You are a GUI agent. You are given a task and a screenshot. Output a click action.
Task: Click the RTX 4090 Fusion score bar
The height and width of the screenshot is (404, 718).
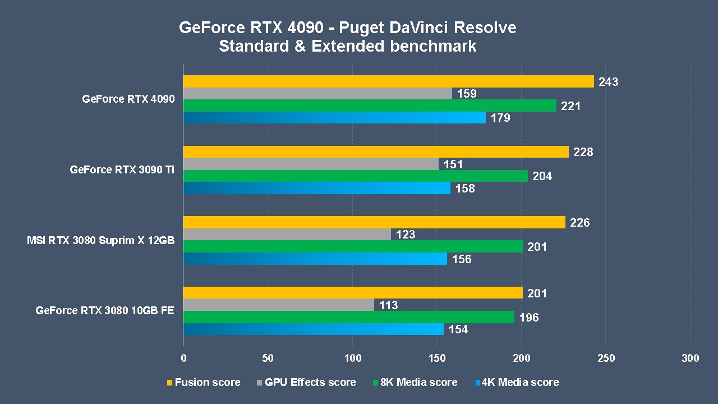[x=388, y=81]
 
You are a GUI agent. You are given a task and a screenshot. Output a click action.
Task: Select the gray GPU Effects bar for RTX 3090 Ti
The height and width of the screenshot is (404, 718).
[x=311, y=164]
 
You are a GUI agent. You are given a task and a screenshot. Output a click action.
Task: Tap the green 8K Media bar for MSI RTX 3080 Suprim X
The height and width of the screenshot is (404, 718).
[x=353, y=246]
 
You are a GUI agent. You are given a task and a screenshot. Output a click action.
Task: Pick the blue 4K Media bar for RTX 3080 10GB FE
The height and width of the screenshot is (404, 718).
[x=313, y=329]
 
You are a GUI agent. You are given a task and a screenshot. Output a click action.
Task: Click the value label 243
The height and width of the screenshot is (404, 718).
[x=608, y=82]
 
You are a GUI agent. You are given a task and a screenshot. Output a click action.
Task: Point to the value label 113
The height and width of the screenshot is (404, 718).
[x=388, y=305]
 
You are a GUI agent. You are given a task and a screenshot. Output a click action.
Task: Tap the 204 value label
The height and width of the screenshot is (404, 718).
[x=542, y=176]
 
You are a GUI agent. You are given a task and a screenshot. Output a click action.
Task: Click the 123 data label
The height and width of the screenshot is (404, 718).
[x=405, y=235]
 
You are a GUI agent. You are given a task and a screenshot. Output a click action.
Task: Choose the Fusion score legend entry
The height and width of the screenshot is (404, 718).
[x=204, y=382]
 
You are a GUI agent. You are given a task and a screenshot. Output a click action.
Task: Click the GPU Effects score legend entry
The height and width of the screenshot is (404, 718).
[x=306, y=382]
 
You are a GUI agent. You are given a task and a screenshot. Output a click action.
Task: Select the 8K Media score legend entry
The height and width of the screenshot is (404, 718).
[x=415, y=382]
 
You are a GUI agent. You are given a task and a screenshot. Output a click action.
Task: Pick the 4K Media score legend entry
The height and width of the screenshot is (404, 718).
[x=516, y=382]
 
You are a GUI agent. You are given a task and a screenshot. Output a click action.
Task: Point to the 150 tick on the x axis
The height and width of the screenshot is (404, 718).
[x=437, y=359]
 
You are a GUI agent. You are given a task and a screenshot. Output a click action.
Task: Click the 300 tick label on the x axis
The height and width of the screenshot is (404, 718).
[x=691, y=359]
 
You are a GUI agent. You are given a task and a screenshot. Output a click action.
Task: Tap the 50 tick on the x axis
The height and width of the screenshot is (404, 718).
[x=268, y=359]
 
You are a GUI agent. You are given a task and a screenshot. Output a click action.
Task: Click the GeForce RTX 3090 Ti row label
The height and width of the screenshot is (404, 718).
[x=122, y=169]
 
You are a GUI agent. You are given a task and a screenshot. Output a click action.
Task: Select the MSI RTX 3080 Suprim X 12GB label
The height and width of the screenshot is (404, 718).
[x=100, y=240]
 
